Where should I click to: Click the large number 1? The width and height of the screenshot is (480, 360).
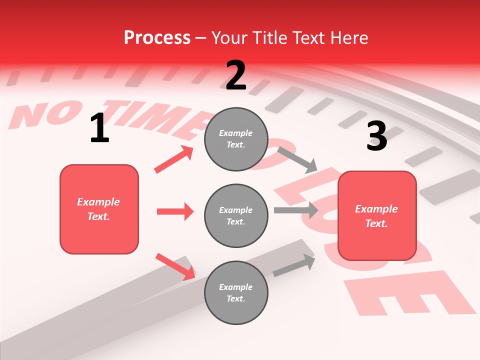[99, 128]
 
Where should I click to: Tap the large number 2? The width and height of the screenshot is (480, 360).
[236, 75]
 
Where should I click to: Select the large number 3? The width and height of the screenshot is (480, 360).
[376, 136]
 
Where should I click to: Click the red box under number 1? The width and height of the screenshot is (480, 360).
[99, 209]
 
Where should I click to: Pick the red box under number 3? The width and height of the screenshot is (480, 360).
[377, 215]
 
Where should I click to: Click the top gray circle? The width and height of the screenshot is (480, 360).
[236, 139]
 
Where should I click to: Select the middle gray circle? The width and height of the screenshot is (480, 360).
[236, 215]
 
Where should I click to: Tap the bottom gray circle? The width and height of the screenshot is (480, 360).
[236, 292]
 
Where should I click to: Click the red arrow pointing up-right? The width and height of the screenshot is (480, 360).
[173, 159]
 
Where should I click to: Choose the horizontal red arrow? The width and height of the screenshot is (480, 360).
[175, 211]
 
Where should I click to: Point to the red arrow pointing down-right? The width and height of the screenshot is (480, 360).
[175, 266]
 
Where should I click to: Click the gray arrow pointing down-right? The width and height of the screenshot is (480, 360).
[297, 159]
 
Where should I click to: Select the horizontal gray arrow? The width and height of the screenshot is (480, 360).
[296, 210]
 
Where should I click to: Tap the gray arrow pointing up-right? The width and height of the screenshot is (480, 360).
[294, 265]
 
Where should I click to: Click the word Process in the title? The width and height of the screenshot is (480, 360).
[157, 38]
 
